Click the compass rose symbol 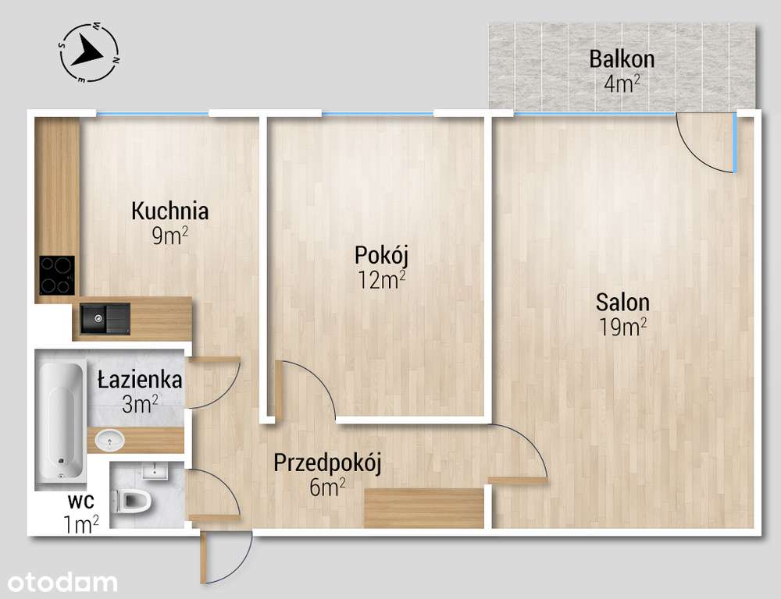click(x=88, y=52)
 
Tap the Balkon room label click(x=622, y=58)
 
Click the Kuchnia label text click(x=169, y=211)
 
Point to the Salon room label click(x=622, y=302)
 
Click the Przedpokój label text click(x=326, y=463)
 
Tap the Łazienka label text click(x=140, y=381)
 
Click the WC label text click(x=81, y=501)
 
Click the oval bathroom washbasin click(x=110, y=442)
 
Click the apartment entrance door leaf click(x=205, y=558)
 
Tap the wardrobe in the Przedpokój click(x=424, y=508)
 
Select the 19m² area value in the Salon click(x=622, y=327)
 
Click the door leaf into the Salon click(x=517, y=480)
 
